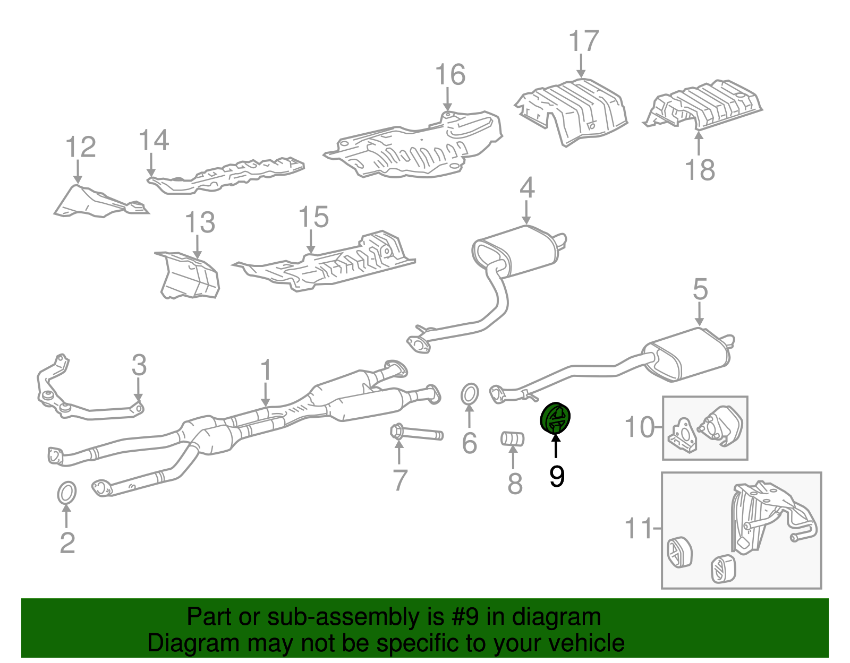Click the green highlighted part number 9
555,418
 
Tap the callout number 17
583,41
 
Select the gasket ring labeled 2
66,493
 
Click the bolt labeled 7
417,433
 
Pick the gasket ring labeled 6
469,394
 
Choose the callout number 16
450,75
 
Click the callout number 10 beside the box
640,427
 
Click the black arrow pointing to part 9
556,446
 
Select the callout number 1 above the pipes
266,370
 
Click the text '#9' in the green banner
467,617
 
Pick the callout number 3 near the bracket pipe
139,365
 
